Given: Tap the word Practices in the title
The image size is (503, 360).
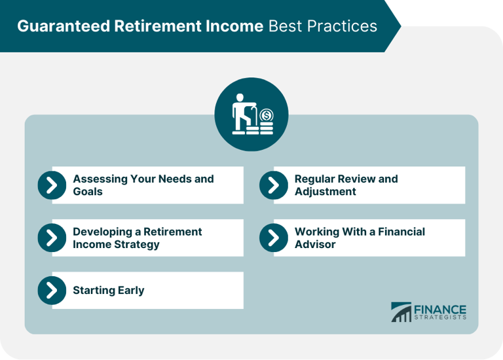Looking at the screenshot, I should (x=345, y=26).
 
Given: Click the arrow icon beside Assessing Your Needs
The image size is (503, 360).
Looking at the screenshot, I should (x=52, y=185).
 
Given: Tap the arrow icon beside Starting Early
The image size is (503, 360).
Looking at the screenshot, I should (x=52, y=291).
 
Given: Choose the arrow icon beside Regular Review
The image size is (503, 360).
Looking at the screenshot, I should (x=273, y=185).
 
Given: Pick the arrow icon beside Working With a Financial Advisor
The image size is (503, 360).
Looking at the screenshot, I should (x=273, y=238).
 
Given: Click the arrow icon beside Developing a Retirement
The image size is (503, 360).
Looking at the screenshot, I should (x=52, y=238).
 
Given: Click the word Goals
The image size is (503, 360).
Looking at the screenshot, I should (x=88, y=192).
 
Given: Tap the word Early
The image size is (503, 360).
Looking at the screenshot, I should (x=128, y=291).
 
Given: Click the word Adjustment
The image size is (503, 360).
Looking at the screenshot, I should (x=326, y=192).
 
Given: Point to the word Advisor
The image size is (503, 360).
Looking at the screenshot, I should (x=315, y=245).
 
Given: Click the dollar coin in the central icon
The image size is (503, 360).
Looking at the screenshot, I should (x=265, y=116).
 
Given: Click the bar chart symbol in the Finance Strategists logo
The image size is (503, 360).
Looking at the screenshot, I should (x=401, y=312).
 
